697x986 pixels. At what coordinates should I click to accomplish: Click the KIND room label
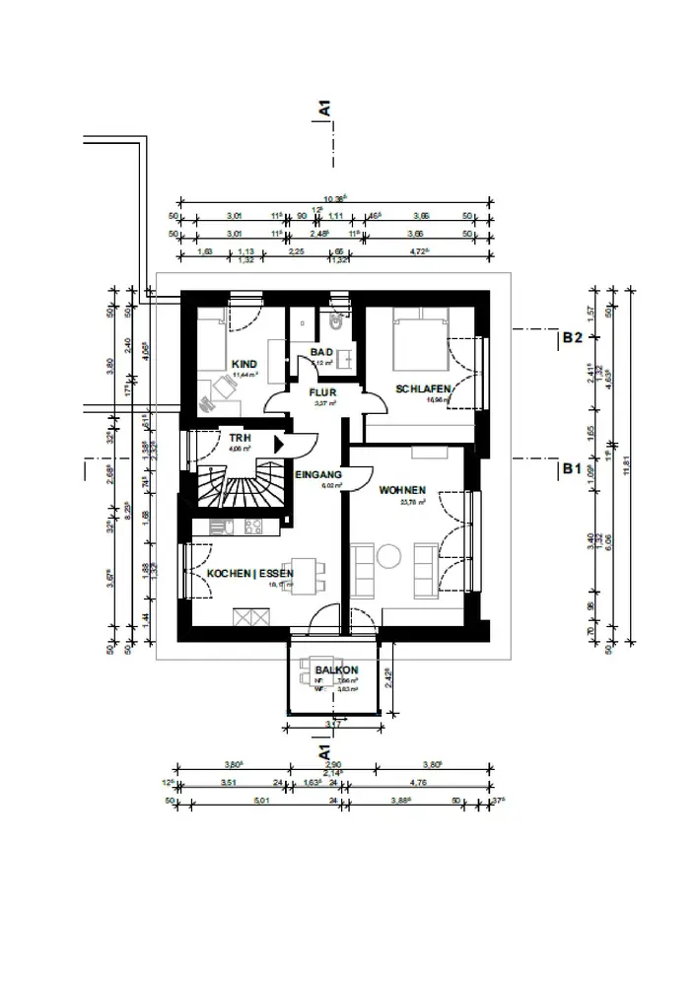click(x=244, y=364)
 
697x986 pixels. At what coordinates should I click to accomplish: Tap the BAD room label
click(x=321, y=352)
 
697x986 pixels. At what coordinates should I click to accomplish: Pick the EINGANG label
click(x=318, y=475)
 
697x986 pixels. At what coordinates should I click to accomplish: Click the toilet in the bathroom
click(x=336, y=317)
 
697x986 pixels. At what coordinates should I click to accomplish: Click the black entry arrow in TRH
click(x=279, y=445)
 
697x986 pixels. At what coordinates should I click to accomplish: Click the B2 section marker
click(x=573, y=337)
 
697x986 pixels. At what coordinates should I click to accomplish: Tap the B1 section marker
click(x=572, y=468)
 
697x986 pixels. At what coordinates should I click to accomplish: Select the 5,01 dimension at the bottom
click(x=261, y=801)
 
